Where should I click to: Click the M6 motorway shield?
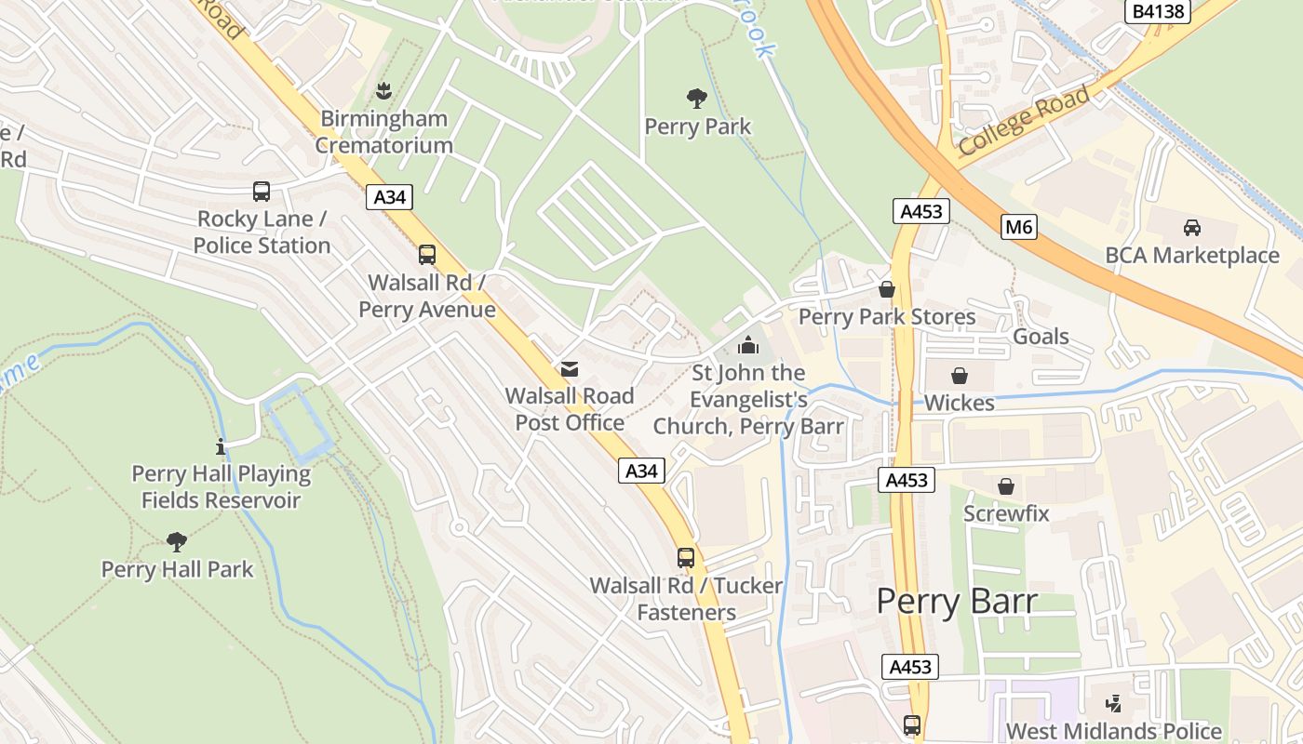(1020, 227)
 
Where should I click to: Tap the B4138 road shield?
(1158, 11)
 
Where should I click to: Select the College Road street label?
(1024, 121)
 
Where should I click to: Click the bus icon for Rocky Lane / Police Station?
(262, 192)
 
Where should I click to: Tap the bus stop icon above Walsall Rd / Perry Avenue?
(427, 255)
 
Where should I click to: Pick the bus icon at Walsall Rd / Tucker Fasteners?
(686, 558)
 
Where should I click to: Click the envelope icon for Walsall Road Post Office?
(570, 369)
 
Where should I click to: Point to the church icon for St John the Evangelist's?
(747, 346)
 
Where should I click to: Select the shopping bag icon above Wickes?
(959, 376)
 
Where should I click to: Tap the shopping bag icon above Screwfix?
(1005, 486)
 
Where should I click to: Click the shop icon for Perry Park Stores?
(887, 290)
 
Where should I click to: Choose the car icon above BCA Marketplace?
(1191, 227)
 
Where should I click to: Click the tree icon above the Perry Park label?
(697, 99)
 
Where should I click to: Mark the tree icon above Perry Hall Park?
(177, 541)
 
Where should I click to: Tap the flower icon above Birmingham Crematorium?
(383, 91)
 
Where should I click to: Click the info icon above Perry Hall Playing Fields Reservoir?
(221, 446)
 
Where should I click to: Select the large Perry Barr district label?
(957, 602)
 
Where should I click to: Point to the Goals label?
(1041, 337)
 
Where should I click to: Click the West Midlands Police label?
(1113, 731)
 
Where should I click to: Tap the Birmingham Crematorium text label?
(383, 132)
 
